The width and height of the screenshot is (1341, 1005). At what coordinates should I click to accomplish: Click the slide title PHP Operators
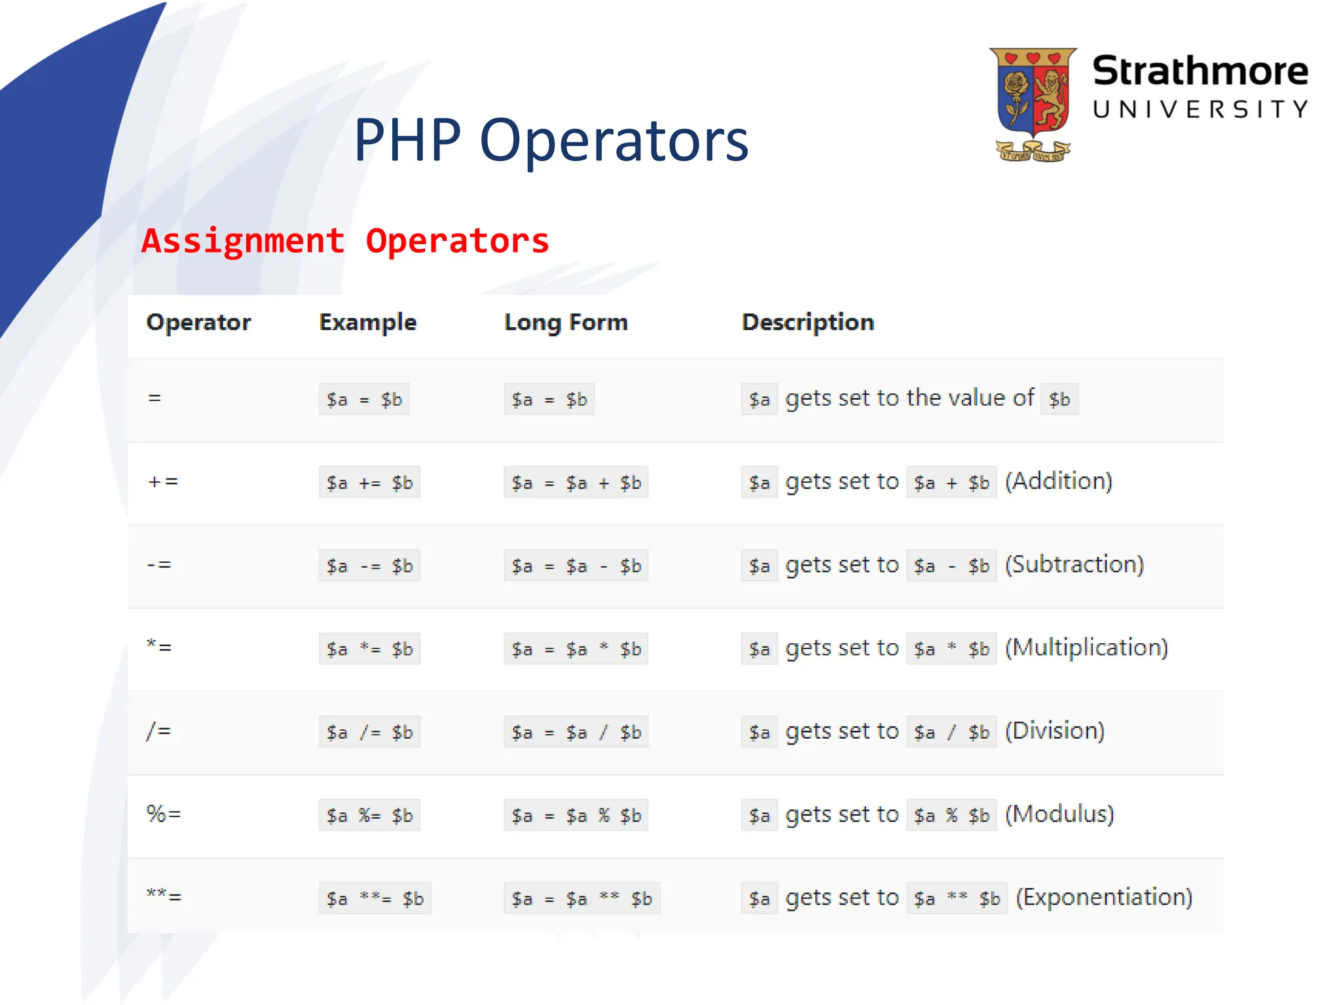coord(551,140)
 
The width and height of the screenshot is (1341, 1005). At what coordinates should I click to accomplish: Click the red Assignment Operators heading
coord(345,241)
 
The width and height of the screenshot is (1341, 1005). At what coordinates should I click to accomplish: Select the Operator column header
coord(198,322)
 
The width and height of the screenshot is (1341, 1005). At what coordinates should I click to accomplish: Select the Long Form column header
coord(566,322)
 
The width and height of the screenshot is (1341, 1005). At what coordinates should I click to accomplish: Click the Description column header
coord(807,322)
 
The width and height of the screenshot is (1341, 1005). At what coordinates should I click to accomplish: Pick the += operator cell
coord(163,482)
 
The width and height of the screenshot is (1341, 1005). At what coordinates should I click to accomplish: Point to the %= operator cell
coord(164,814)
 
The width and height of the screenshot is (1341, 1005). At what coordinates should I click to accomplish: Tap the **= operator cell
coord(164,896)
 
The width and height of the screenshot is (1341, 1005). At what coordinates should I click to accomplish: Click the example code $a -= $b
coord(369,566)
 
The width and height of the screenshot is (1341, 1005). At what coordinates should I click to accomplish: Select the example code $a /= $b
coord(369,732)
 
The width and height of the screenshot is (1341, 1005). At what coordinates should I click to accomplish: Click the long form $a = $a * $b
coord(576,649)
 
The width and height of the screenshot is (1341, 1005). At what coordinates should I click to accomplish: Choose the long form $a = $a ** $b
coord(581,898)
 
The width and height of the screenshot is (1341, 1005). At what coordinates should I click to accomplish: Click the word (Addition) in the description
coord(1058,482)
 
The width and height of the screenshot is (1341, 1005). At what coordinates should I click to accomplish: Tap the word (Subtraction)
coord(1074,565)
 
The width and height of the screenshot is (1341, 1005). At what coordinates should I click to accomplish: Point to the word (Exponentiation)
coord(1104,897)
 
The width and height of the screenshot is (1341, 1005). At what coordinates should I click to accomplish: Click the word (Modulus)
coord(1059,814)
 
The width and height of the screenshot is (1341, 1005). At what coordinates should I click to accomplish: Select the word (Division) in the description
coord(1054,731)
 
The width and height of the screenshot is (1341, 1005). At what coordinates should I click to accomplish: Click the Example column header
coord(367,322)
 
